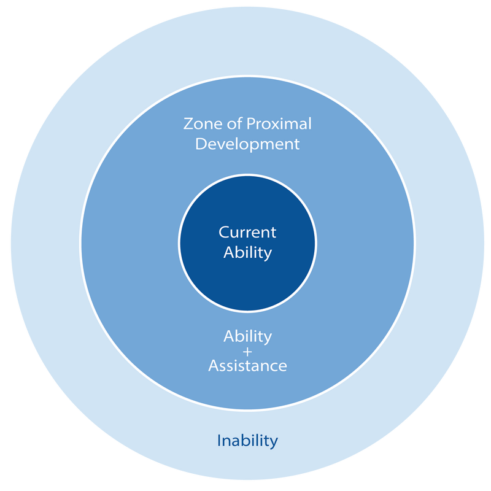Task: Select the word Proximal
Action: tap(279, 125)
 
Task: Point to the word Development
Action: tap(247, 144)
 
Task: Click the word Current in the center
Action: tap(247, 233)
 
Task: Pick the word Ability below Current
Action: tap(247, 252)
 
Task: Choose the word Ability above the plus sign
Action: tap(247, 336)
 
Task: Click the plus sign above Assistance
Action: tap(247, 351)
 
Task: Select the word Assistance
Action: tap(247, 366)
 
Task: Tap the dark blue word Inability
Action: tap(247, 441)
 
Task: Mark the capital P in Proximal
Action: tap(250, 124)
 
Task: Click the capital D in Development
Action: tap(200, 144)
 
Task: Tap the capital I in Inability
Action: tap(219, 440)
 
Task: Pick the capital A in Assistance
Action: tap(213, 366)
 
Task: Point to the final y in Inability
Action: tap(274, 443)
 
